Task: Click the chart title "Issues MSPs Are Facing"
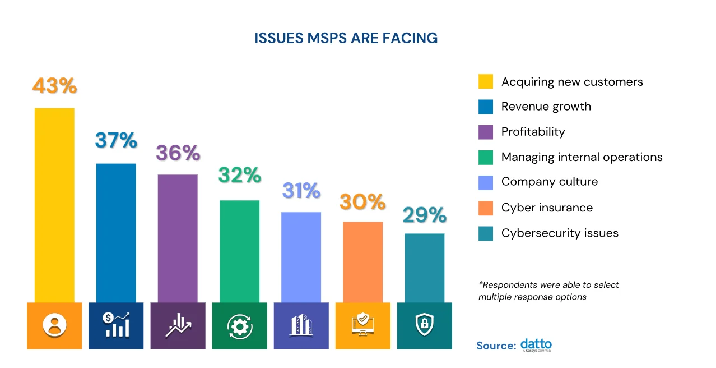pos(346,38)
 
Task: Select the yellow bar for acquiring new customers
pos(54,205)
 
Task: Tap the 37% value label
pos(116,140)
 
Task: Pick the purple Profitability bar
pos(178,238)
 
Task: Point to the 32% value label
pos(239,175)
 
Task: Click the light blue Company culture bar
pos(301,257)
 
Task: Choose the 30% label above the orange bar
pos(362,202)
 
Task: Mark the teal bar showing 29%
pos(424,268)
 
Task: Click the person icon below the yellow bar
pos(54,326)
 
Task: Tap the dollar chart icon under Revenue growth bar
pos(116,326)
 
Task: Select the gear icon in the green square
pos(239,326)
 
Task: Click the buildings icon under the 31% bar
pos(301,326)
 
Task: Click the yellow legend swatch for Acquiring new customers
pos(486,82)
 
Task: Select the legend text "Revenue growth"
pos(546,107)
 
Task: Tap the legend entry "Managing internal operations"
pos(582,157)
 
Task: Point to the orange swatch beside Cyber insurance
pos(486,208)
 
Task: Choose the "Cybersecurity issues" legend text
pos(560,233)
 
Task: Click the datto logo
pos(536,345)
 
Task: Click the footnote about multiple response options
pos(548,291)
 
